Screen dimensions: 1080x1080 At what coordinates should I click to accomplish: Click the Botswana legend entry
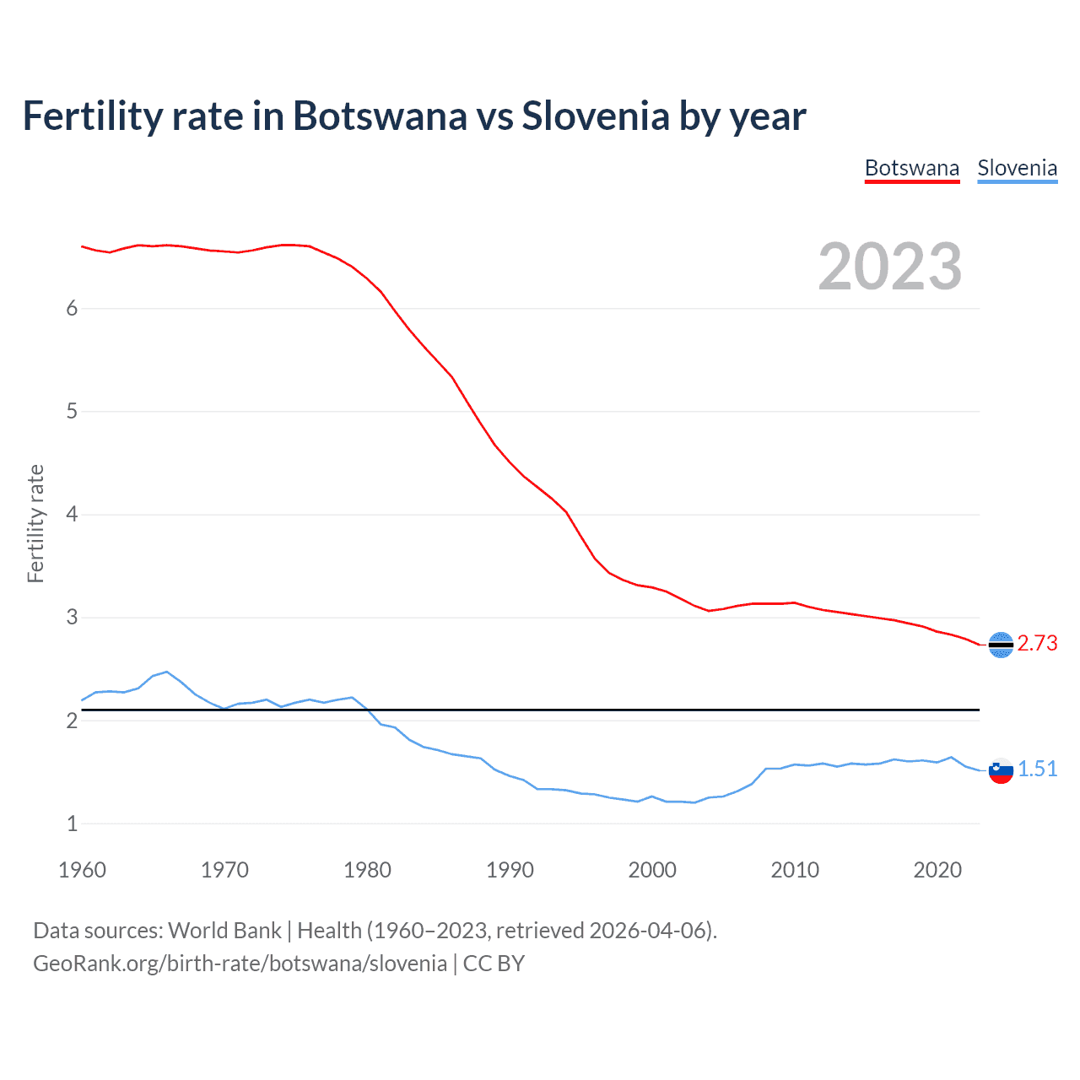(x=912, y=168)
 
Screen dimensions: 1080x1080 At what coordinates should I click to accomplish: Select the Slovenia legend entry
(x=1017, y=168)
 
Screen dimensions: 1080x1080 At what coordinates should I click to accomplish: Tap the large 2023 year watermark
(x=890, y=267)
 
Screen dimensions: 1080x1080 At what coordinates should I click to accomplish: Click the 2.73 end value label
(x=1037, y=643)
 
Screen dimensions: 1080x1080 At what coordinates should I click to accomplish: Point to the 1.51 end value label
(x=1037, y=769)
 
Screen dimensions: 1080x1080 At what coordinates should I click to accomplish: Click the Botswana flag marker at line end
(x=1001, y=645)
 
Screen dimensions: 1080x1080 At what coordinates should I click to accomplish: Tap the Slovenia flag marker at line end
(x=1001, y=770)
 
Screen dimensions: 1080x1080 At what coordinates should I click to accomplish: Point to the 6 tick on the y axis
(x=72, y=308)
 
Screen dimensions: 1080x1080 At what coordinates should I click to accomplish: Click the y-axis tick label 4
(x=72, y=514)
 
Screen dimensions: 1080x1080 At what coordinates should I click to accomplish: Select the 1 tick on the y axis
(x=72, y=823)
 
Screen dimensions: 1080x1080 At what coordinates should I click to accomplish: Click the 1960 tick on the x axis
(x=82, y=870)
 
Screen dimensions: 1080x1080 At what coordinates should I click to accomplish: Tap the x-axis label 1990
(x=510, y=870)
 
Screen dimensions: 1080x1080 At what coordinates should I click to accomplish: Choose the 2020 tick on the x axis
(x=937, y=870)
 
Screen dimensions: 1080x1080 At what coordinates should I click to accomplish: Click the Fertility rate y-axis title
(x=35, y=523)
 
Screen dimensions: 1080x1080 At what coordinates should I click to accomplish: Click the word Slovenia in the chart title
(x=596, y=116)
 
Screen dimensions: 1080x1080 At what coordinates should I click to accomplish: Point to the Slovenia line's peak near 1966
(x=167, y=672)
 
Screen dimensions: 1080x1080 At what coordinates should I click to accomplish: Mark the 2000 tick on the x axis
(x=652, y=870)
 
